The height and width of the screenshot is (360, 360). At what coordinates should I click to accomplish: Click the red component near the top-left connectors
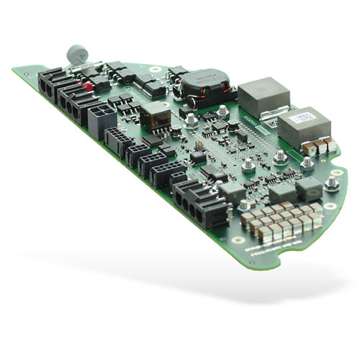click(88, 86)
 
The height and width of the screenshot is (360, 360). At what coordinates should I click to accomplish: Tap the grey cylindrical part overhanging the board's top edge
click(74, 55)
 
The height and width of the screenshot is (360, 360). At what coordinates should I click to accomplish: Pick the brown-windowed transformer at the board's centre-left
click(156, 113)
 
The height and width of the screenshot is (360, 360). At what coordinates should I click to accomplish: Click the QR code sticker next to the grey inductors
click(271, 122)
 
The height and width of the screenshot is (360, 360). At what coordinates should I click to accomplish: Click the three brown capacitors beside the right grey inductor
click(320, 146)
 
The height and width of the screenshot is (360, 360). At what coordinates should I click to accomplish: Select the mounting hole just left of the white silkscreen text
click(238, 239)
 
